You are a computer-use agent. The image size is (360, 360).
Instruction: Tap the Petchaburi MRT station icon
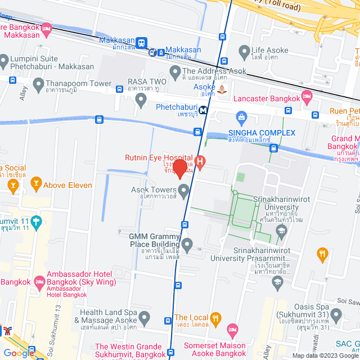(x=202, y=110)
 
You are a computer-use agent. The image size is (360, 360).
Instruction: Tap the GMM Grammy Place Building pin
(x=187, y=245)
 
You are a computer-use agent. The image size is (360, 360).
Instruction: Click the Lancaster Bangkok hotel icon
(x=307, y=98)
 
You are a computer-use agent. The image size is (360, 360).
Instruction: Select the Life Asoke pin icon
(x=244, y=53)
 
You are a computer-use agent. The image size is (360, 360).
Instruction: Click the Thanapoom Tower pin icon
(x=38, y=85)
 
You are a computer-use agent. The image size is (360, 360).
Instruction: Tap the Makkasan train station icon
(x=141, y=43)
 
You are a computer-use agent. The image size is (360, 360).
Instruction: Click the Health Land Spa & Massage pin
(x=145, y=319)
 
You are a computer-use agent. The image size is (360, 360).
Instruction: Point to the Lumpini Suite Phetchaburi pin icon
(x=4, y=60)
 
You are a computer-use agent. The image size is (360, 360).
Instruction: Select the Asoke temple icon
(x=223, y=89)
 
